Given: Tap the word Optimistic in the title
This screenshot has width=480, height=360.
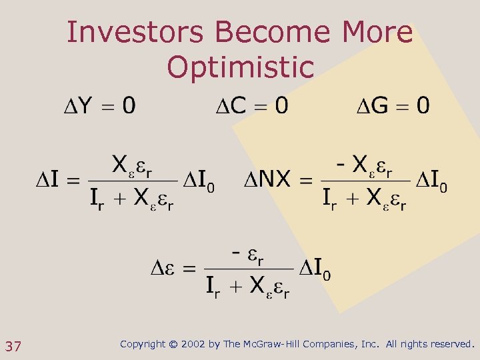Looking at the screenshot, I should point(240,67).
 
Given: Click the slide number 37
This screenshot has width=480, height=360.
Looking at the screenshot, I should point(13,346).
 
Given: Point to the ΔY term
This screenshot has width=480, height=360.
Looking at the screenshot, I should point(77,106).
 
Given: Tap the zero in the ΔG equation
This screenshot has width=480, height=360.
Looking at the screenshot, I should point(423,105).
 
